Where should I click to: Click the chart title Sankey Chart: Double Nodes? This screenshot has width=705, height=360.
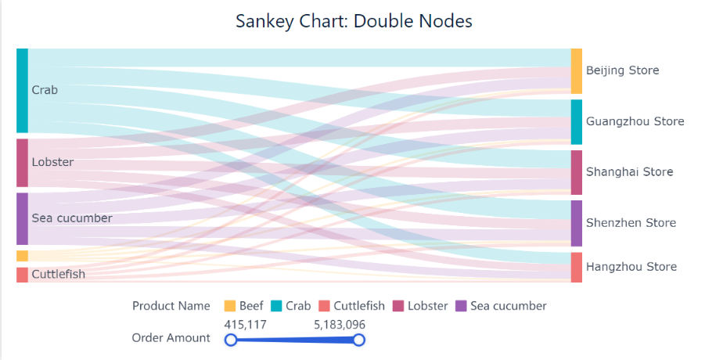click(354, 21)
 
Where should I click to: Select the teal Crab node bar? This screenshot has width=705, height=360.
click(22, 90)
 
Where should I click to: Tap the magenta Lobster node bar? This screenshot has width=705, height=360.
click(22, 163)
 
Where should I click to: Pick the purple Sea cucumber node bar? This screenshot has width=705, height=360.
click(22, 218)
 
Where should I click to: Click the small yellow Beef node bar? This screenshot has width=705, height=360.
click(22, 256)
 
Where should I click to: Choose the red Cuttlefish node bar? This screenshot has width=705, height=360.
click(22, 275)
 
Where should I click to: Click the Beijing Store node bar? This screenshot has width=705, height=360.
click(577, 71)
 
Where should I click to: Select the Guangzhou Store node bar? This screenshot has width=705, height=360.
click(577, 122)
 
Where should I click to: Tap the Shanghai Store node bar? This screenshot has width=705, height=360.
click(577, 172)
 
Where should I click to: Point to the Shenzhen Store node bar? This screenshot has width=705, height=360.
click(577, 223)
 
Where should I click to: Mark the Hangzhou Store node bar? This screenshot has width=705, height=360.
click(577, 267)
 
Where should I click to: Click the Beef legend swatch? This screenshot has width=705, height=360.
click(230, 306)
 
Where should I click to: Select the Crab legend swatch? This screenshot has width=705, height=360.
click(276, 306)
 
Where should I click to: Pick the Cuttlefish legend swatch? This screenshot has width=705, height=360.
click(324, 306)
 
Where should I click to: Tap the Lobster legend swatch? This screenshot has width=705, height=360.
click(398, 306)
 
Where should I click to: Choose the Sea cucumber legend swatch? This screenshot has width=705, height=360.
click(461, 306)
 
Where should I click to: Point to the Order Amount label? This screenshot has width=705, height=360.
click(171, 338)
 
